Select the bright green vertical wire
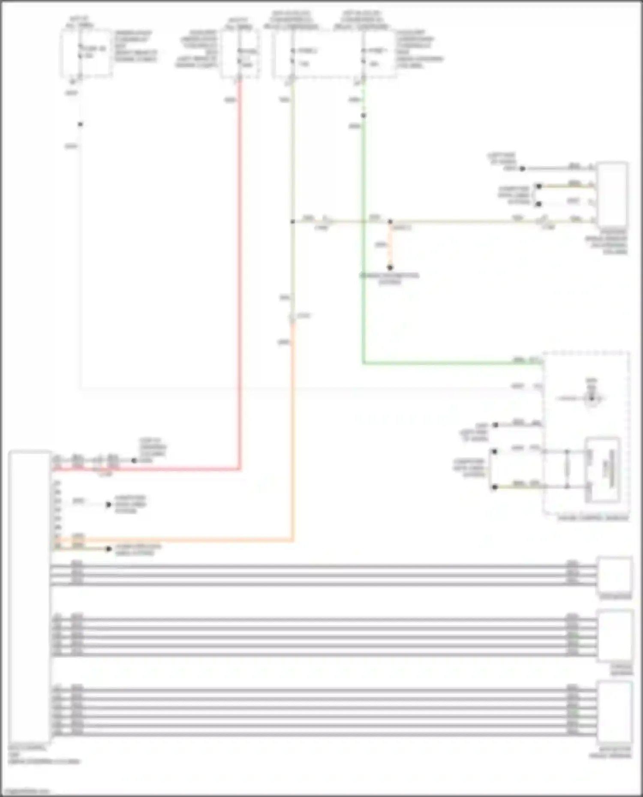(364, 257)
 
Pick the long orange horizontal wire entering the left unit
(171, 540)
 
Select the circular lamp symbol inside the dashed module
(592, 398)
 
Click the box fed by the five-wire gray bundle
(616, 636)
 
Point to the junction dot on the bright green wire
(364, 116)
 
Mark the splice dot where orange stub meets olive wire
(390, 222)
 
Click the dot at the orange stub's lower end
(390, 268)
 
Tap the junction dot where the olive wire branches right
(293, 222)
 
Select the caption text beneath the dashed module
(593, 518)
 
